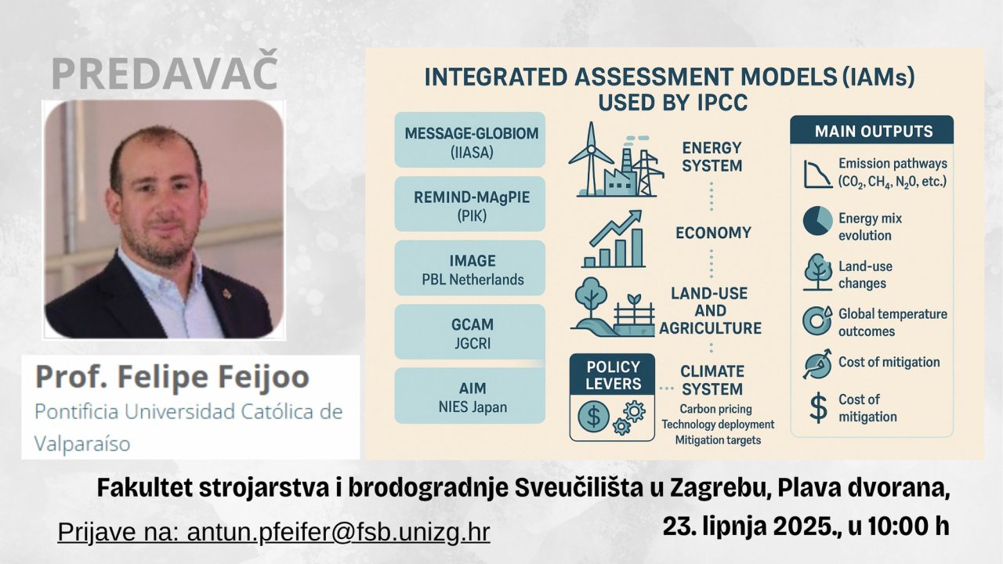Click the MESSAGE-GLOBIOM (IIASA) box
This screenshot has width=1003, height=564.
(469, 139)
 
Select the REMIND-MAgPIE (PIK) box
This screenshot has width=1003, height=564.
(469, 204)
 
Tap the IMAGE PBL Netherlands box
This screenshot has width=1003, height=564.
(469, 268)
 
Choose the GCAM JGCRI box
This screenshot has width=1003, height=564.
(469, 331)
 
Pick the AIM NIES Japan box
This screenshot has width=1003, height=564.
(469, 396)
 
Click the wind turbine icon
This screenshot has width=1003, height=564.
(591, 159)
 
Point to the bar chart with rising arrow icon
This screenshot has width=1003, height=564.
(614, 240)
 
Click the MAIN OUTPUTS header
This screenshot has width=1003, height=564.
(871, 130)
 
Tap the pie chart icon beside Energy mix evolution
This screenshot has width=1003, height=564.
(817, 221)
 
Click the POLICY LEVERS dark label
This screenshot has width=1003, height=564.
(612, 374)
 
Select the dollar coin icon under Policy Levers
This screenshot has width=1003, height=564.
(593, 416)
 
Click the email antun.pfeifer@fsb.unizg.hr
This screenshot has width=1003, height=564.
(338, 532)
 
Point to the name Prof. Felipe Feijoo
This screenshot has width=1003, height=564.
(172, 377)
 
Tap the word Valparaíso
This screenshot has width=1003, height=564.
(82, 444)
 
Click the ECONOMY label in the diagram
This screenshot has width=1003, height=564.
(713, 233)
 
